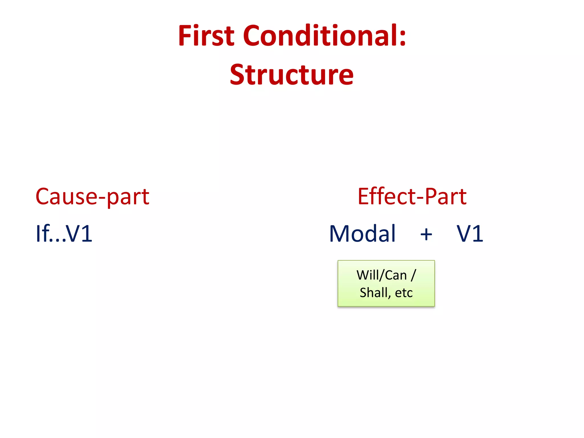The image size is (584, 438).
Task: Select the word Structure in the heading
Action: [x=292, y=75]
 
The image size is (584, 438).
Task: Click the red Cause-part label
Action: [x=92, y=197]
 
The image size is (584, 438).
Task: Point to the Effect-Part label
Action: [x=412, y=197]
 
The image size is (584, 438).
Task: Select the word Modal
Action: [x=362, y=234]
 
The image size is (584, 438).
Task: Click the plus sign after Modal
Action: [x=426, y=235]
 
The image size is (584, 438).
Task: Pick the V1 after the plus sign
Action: [x=470, y=234]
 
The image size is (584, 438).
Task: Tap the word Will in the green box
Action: [x=368, y=275]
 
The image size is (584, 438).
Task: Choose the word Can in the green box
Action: [x=396, y=275]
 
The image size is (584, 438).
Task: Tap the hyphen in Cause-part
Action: [x=102, y=198]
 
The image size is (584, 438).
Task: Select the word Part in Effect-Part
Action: [x=446, y=197]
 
